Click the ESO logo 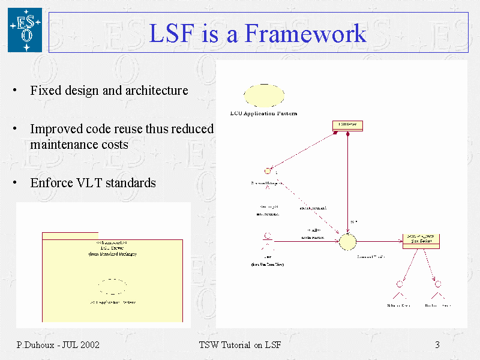[25, 29]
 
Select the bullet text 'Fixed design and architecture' [109, 91]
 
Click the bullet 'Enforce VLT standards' [92, 182]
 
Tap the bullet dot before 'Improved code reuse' [13, 130]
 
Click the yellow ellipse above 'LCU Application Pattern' [263, 95]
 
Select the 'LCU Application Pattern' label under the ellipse [263, 113]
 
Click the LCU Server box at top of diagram [347, 125]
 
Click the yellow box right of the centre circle [421, 240]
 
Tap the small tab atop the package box [70, 235]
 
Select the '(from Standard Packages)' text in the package [112, 254]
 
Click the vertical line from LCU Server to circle [347, 180]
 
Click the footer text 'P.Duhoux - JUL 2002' [58, 344]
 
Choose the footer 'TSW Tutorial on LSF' [239, 344]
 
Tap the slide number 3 [437, 344]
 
